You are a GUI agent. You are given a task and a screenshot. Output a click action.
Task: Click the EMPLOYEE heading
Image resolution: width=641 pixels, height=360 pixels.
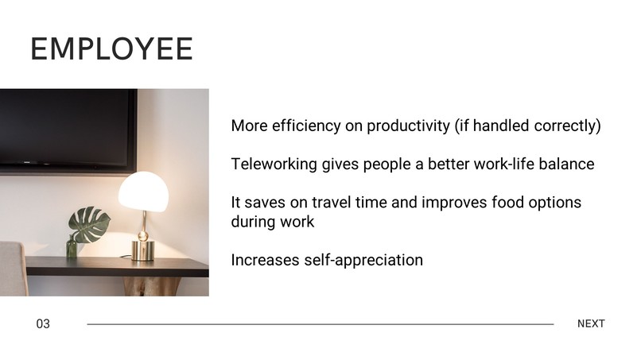coord(111,49)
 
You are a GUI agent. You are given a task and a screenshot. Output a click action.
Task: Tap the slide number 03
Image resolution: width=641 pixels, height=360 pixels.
coord(43,324)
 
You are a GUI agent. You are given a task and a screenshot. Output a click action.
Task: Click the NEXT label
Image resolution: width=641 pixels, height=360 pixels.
coord(591,324)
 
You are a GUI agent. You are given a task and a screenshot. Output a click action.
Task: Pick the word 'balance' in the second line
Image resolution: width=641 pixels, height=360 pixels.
coord(565,165)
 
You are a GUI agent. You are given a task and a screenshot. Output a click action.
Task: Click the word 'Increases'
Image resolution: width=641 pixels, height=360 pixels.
coord(265,260)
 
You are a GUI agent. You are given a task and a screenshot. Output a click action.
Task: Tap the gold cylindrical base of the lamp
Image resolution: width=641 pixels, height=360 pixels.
coord(142,250)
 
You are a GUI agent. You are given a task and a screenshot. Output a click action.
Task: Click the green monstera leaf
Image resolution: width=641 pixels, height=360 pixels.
coord(88,225)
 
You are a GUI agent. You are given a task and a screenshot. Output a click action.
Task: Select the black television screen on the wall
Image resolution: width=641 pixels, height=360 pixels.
coord(68,127)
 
